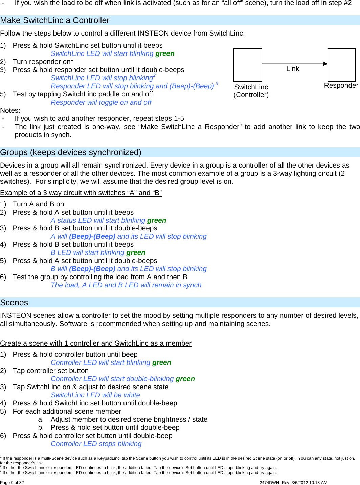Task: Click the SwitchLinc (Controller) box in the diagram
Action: [x=248, y=65]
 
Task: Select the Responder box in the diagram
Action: [x=341, y=65]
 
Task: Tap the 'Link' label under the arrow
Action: [x=293, y=69]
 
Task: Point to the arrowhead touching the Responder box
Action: [x=325, y=64]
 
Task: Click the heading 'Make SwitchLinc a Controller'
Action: [x=55, y=20]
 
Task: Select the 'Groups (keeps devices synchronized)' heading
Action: [x=71, y=152]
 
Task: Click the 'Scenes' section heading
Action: [x=14, y=303]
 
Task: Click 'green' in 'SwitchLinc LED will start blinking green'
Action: [x=165, y=53]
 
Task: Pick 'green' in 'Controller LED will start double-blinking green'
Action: [x=185, y=379]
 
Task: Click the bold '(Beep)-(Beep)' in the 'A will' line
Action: [x=92, y=236]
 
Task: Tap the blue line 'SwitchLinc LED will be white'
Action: [x=95, y=395]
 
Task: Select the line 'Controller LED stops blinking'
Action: [x=96, y=444]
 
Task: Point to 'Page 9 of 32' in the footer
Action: [x=12, y=483]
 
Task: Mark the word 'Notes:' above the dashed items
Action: [x=10, y=110]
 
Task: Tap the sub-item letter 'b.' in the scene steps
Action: [x=41, y=427]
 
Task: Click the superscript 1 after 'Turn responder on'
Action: [x=72, y=60]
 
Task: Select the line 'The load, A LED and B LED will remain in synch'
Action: [x=126, y=285]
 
